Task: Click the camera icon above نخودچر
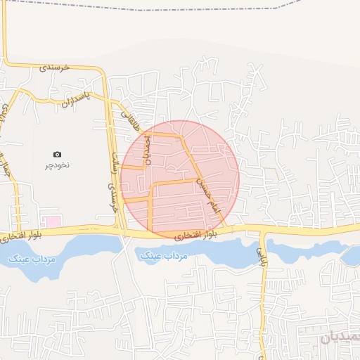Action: tap(57, 154)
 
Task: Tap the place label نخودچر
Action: tap(58, 165)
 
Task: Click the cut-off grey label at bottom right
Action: tap(340, 337)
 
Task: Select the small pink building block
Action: tap(53, 221)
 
